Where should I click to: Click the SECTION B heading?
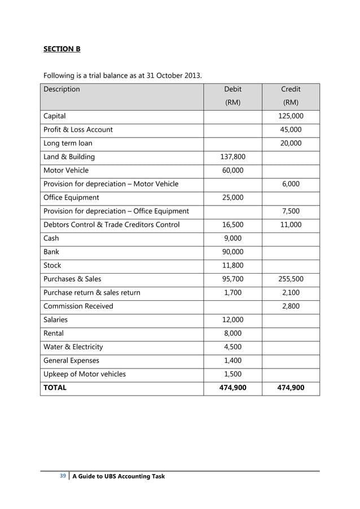pos(62,49)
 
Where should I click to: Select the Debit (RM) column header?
pos(232,96)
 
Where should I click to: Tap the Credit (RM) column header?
pos(291,96)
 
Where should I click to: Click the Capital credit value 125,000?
pos(291,116)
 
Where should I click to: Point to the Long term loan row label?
pos(68,143)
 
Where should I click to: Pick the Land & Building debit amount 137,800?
pos(232,157)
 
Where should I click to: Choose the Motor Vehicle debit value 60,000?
pos(232,170)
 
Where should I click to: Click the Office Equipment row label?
pos(71,198)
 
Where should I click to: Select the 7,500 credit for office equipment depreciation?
pos(291,211)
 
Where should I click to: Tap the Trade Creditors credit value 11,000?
pos(291,225)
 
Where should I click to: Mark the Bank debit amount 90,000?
pos(232,252)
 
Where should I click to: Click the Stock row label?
pos(52,265)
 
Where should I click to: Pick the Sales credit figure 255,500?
pos(291,279)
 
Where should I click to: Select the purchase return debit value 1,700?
pos(232,292)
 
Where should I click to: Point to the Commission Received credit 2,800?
pos(291,306)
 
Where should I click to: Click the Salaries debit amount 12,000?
pos(232,319)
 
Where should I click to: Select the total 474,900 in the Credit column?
pos(291,388)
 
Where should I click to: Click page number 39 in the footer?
pos(63,476)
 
